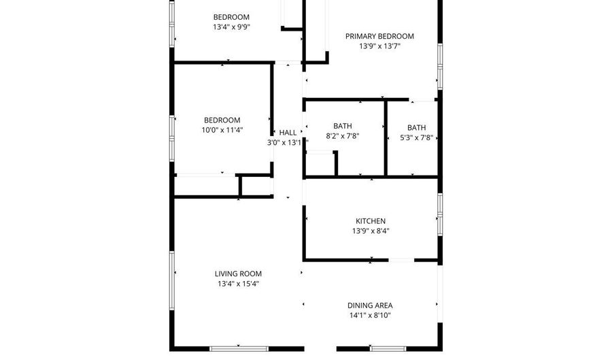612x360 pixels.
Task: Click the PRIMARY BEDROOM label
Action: click(379, 37)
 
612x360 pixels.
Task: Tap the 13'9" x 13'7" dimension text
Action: click(379, 47)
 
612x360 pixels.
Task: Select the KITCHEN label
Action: click(371, 221)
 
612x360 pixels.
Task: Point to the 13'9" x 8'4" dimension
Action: click(371, 231)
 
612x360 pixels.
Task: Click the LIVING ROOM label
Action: click(237, 274)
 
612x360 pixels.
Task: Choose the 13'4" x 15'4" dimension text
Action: click(237, 284)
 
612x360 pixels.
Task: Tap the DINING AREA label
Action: click(370, 306)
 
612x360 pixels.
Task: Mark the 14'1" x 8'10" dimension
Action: click(370, 316)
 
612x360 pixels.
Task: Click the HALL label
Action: click(288, 133)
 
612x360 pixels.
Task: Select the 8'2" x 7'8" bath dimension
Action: click(343, 136)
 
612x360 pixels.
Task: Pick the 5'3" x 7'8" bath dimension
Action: click(417, 137)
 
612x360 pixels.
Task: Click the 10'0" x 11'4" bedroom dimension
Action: click(222, 130)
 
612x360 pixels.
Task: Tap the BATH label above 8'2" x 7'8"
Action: click(343, 126)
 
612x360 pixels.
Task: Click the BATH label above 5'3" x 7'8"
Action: click(417, 127)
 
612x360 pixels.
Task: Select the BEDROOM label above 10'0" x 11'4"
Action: click(222, 120)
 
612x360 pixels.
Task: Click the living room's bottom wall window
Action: click(238, 349)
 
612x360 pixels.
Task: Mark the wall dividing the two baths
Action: click(386, 139)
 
